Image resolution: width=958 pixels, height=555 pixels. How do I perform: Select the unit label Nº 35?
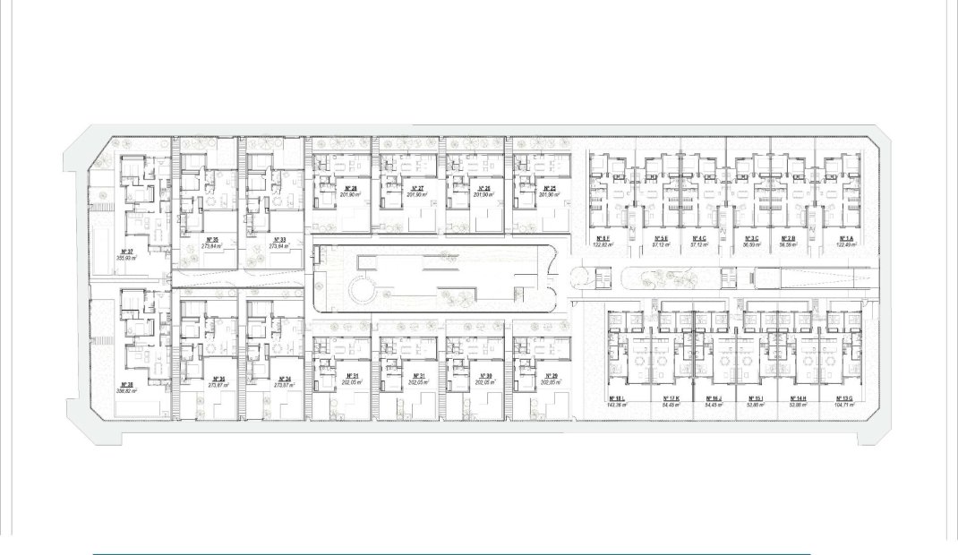pyautogui.click(x=212, y=239)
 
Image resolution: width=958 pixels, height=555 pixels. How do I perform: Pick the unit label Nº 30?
pyautogui.click(x=484, y=375)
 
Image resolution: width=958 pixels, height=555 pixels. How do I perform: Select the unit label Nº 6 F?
pyautogui.click(x=603, y=238)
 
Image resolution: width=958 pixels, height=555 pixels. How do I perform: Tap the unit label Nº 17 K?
pyautogui.click(x=671, y=398)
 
